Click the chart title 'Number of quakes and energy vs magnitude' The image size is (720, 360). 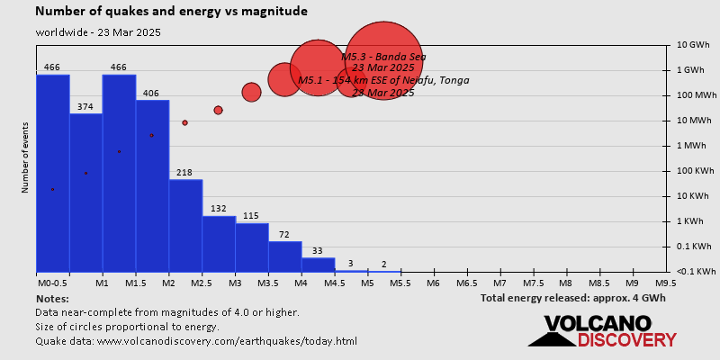click(171, 12)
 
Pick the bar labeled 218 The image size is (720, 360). click(185, 225)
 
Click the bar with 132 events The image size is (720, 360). click(219, 244)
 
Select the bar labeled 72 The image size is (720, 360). click(285, 256)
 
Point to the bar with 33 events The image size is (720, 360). click(319, 265)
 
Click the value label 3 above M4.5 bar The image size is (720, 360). click(351, 264)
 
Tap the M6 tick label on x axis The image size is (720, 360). click(433, 283)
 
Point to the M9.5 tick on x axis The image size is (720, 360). click(666, 283)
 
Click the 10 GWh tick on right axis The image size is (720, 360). click(693, 45)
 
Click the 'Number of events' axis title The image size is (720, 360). click(24, 160)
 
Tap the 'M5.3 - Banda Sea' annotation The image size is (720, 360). click(383, 57)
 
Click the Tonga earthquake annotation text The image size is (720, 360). click(383, 81)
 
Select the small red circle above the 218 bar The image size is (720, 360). click(184, 122)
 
